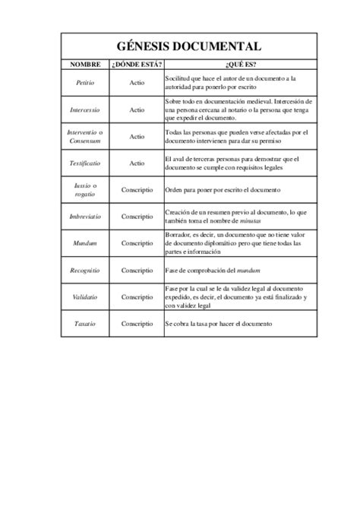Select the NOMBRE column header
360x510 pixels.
click(86, 64)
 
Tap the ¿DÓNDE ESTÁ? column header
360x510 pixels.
click(136, 64)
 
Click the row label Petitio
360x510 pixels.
click(86, 82)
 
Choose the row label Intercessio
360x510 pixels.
click(86, 109)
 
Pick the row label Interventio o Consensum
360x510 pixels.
click(86, 136)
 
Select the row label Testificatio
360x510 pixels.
click(86, 163)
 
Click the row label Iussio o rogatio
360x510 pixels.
click(86, 189)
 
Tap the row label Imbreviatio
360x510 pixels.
click(86, 216)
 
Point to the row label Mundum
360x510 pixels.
click(86, 243)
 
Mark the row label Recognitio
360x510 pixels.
click(86, 270)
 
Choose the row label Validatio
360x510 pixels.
click(86, 297)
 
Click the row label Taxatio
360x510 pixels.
click(86, 324)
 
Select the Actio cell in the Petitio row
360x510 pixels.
click(137, 82)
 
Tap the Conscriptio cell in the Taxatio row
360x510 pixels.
click(137, 324)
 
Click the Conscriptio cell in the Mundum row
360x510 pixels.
click(137, 243)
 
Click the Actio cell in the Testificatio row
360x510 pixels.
click(137, 163)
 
